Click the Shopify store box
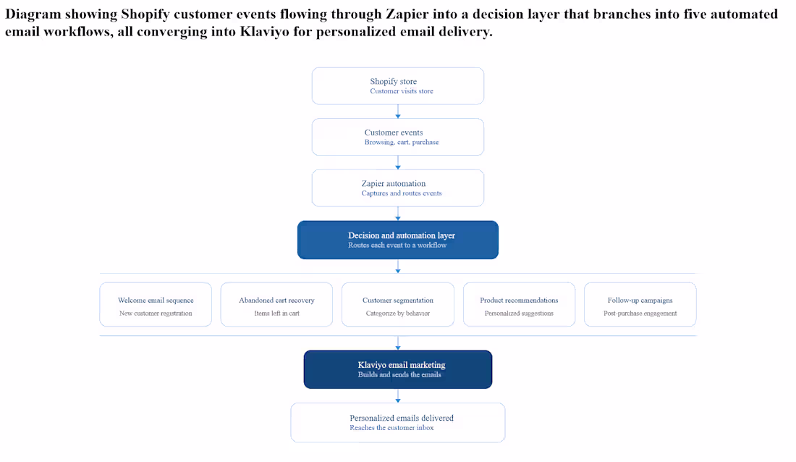point(397,86)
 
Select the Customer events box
point(397,137)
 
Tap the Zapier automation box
point(397,188)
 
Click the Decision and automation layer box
point(397,240)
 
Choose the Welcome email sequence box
point(156,304)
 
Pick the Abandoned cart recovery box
point(276,304)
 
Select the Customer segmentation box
point(397,304)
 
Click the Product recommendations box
point(519,304)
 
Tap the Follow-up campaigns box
point(640,304)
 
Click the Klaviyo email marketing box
point(397,369)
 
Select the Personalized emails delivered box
point(397,422)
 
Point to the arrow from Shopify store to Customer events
point(397,112)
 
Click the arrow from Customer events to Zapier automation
point(397,163)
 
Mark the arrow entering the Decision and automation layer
point(397,214)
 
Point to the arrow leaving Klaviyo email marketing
point(397,396)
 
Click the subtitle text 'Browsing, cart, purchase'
point(402,143)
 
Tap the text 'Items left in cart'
point(276,313)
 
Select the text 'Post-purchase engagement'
point(640,313)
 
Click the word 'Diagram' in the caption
point(33,14)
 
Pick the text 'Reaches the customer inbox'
point(391,428)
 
